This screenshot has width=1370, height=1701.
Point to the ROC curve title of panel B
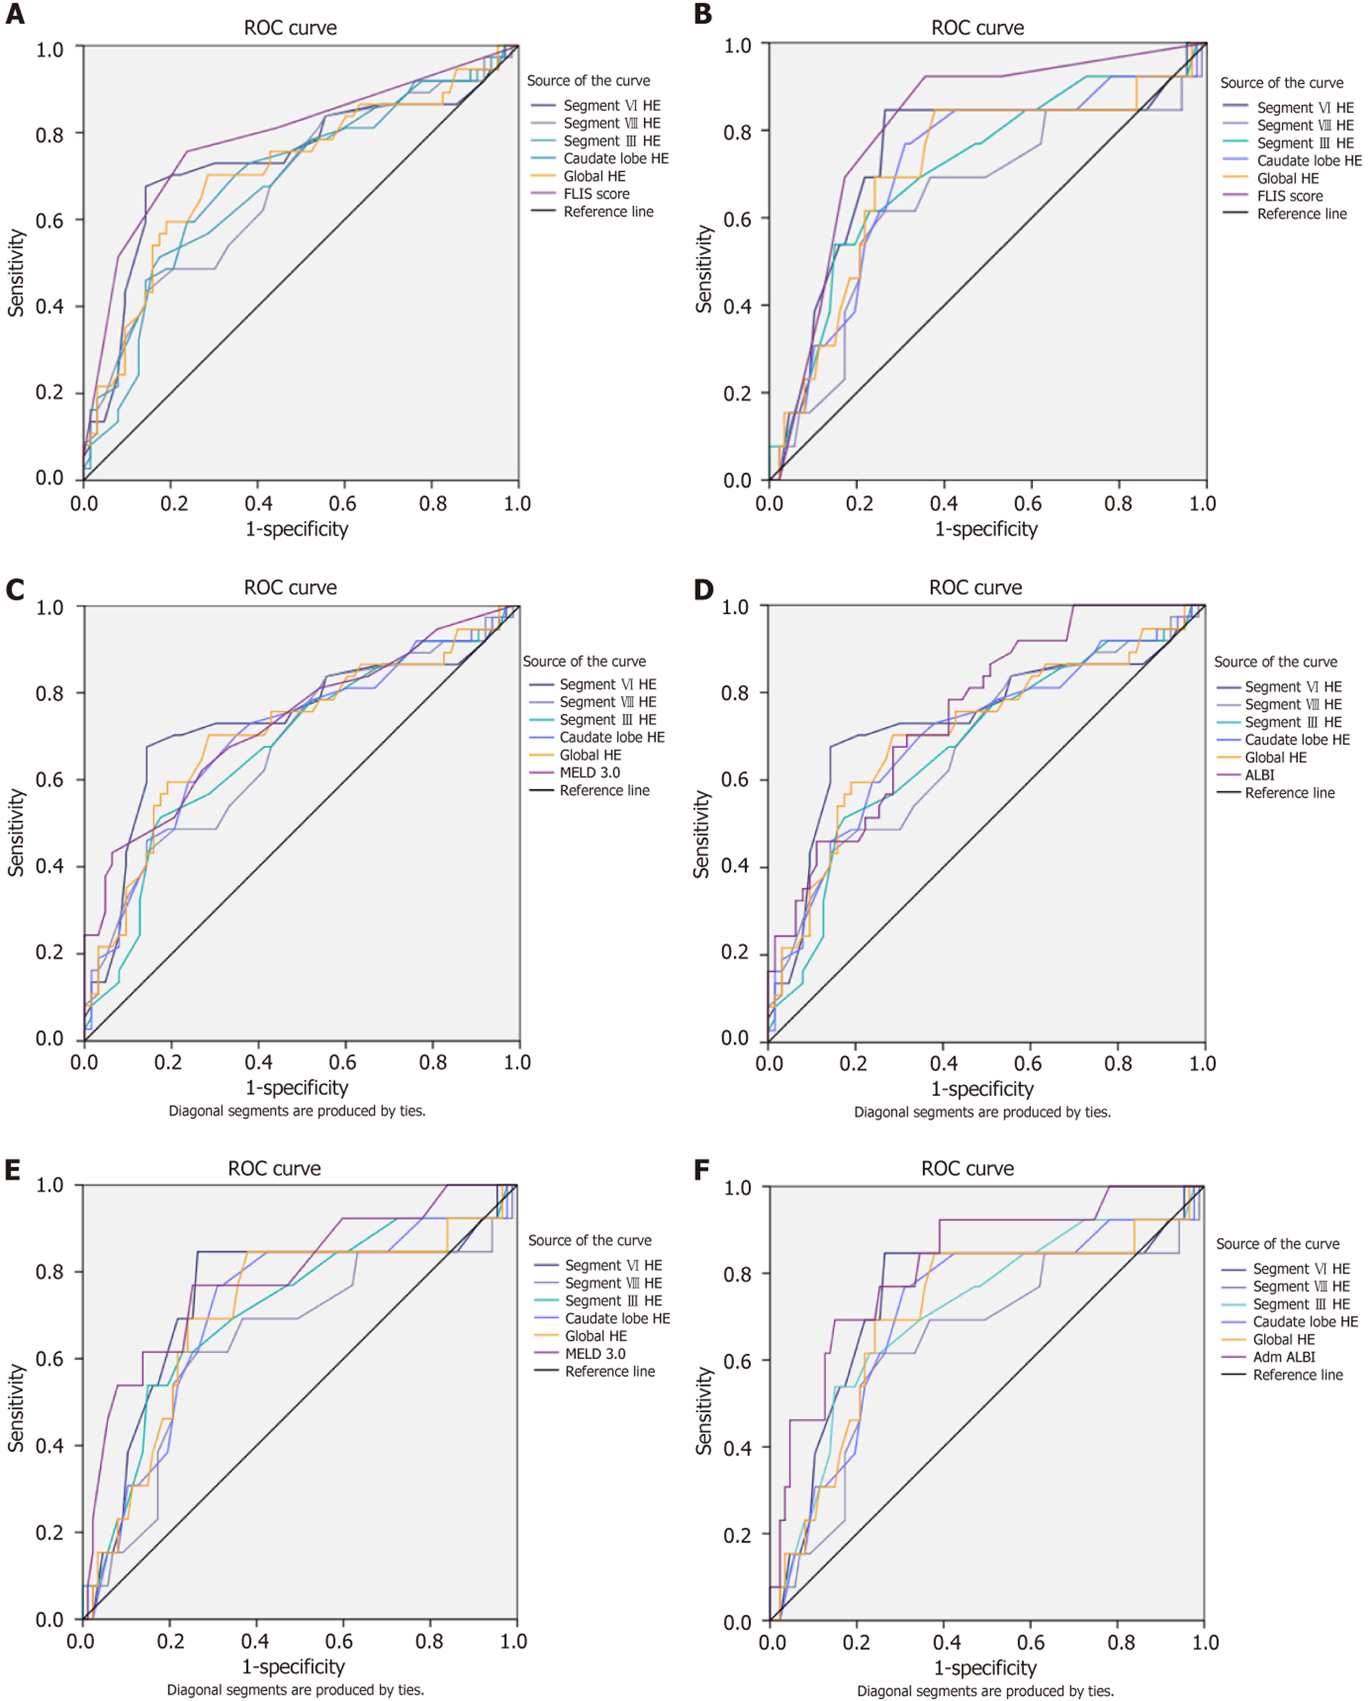tap(977, 29)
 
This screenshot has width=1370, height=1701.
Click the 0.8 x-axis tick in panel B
tap(1118, 503)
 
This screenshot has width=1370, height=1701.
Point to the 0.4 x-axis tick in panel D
tap(943, 1064)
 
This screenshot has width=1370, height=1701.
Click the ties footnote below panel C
tap(297, 1111)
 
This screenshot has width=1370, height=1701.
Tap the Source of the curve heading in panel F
tap(1277, 1244)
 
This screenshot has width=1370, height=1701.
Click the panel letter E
tap(12, 1169)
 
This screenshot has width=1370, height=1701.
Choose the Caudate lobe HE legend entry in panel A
tap(615, 159)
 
